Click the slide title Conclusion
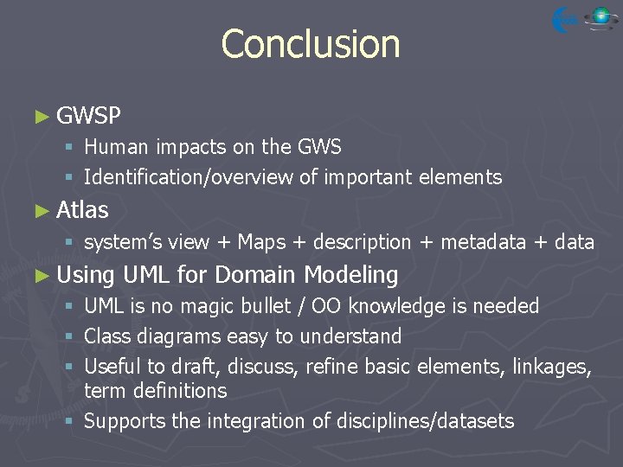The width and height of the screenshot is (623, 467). (x=311, y=44)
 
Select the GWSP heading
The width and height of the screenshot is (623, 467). (x=88, y=116)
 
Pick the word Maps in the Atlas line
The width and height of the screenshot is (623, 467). (x=261, y=242)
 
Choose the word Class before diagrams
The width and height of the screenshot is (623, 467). (x=110, y=336)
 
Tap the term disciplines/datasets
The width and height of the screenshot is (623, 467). (x=411, y=421)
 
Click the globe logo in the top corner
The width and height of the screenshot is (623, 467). (x=600, y=18)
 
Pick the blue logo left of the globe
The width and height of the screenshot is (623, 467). (x=565, y=19)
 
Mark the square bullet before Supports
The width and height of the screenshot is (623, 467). (x=69, y=422)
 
